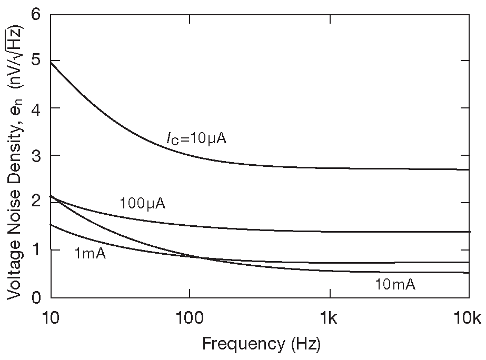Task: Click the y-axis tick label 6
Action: (x=35, y=14)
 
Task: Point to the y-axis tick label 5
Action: (x=35, y=61)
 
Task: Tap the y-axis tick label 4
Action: (x=35, y=108)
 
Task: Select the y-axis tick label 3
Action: (x=35, y=156)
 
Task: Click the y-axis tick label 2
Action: (x=35, y=203)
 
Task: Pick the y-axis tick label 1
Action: (x=35, y=250)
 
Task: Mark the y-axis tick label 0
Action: (x=35, y=297)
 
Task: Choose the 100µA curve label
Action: (x=142, y=204)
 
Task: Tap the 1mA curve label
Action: (x=90, y=254)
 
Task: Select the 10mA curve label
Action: (x=395, y=285)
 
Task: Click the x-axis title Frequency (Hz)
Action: (x=261, y=344)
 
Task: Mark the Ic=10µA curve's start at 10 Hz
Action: (x=51, y=62)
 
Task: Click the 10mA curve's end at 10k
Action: (x=469, y=273)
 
